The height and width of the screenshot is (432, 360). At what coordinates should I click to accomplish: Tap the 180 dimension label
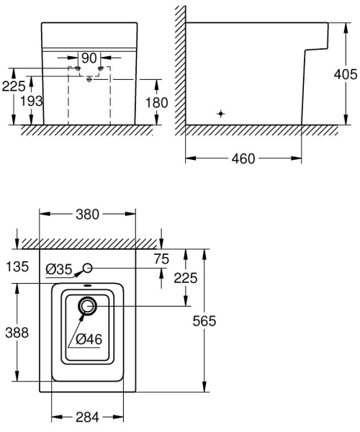pos(156,102)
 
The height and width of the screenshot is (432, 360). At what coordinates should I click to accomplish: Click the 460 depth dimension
pos(243,158)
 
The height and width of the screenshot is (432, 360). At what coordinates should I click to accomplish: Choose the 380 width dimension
pos(88,214)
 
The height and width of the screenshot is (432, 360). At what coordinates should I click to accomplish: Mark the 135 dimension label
pos(17,267)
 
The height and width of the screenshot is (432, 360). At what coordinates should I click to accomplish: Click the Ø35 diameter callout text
pos(58,269)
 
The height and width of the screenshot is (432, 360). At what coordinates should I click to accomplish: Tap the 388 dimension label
pos(17,333)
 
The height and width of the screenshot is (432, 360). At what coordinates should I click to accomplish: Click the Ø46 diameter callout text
pos(90,338)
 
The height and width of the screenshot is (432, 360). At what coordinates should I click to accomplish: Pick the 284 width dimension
pos(88,418)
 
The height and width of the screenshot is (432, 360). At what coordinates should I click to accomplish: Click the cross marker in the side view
pos(221,114)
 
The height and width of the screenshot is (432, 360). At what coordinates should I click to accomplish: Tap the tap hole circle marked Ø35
pos(88,269)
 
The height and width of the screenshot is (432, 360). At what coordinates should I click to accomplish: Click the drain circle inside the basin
pos(88,307)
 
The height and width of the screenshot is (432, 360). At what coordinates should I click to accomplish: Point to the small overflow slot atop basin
pos(88,286)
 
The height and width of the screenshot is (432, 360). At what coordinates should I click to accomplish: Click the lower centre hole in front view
pos(88,79)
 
